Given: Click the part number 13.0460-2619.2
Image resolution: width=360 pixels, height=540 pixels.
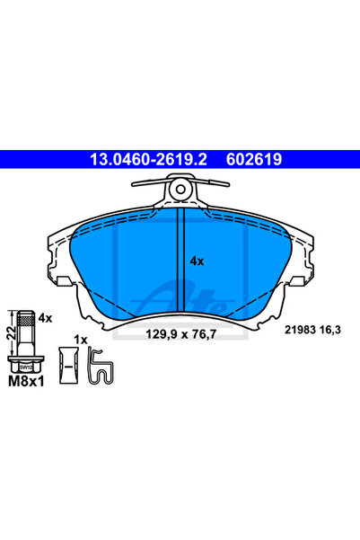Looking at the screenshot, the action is (x=148, y=159).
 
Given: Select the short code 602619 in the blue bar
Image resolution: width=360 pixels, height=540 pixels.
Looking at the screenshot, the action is (x=254, y=159).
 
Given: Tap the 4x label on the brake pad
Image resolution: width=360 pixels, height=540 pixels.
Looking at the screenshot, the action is (x=197, y=261).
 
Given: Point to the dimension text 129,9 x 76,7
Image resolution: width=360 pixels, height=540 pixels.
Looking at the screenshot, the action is (x=181, y=333).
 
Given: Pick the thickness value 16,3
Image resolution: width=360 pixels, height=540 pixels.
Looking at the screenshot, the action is (x=330, y=330).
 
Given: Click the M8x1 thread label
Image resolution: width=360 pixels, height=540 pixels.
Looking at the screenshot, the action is (x=26, y=381).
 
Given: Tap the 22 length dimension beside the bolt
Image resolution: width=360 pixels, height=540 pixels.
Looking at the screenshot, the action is (x=11, y=333).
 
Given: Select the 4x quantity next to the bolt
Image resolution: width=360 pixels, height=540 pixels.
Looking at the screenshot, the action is (x=45, y=318).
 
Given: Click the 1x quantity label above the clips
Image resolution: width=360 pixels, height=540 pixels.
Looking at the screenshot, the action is (x=81, y=341).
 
